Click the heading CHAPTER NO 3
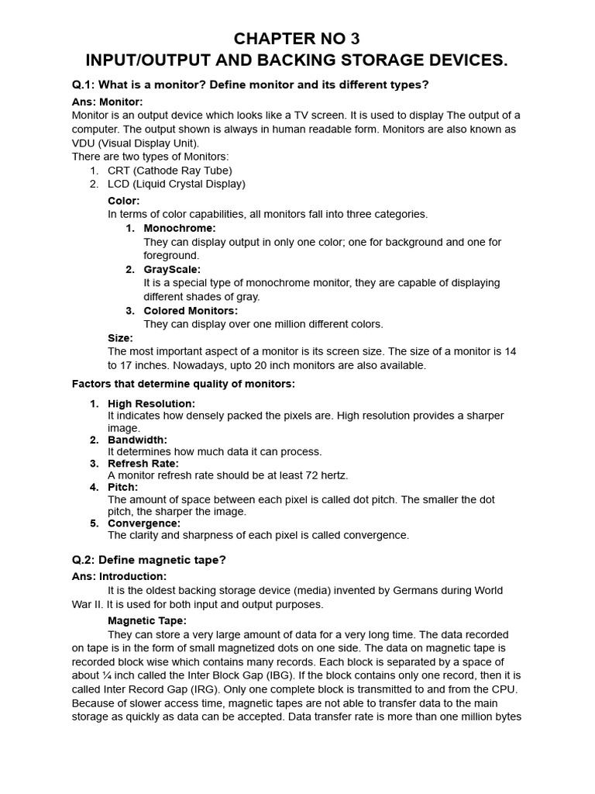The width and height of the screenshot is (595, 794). tap(297, 39)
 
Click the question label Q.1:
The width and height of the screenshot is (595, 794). tap(86, 84)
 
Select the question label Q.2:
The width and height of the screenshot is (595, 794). tap(86, 560)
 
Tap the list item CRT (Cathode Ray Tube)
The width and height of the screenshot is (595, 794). tap(170, 171)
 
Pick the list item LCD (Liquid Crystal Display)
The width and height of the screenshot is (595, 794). tap(176, 184)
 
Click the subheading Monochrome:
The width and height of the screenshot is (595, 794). tap(179, 228)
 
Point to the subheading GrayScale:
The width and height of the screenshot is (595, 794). tap(172, 269)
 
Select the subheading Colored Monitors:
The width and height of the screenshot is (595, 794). tap(191, 311)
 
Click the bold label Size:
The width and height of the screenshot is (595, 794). tap(120, 338)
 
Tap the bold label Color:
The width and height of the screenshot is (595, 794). tap(123, 201)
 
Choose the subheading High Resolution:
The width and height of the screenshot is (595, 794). tap(151, 403)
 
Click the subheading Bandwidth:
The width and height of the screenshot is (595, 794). tap(137, 440)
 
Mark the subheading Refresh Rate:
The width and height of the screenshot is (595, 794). tap(143, 464)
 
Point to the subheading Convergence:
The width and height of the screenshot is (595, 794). tap(143, 523)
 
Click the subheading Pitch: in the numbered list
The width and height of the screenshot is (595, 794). tap(122, 487)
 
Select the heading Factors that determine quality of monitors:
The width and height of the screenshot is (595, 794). tap(183, 384)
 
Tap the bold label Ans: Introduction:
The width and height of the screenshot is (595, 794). tap(119, 577)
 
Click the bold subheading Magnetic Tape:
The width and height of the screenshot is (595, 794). tap(146, 621)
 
